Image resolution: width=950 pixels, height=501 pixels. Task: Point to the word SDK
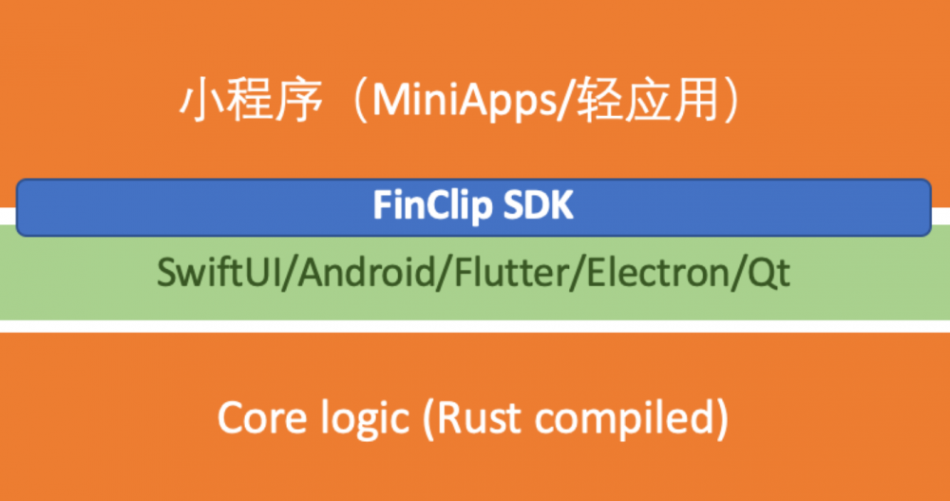[538, 205]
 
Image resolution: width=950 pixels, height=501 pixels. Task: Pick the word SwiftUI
[218, 272]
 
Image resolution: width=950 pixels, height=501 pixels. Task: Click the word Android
[367, 272]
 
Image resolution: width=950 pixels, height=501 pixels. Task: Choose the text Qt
[769, 274]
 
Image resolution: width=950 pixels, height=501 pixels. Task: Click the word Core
[262, 418]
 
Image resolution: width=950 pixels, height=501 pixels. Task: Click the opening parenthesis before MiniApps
[360, 101]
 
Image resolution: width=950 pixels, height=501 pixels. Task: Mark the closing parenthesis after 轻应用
[731, 101]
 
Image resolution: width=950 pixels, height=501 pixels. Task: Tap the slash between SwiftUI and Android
[289, 274]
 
